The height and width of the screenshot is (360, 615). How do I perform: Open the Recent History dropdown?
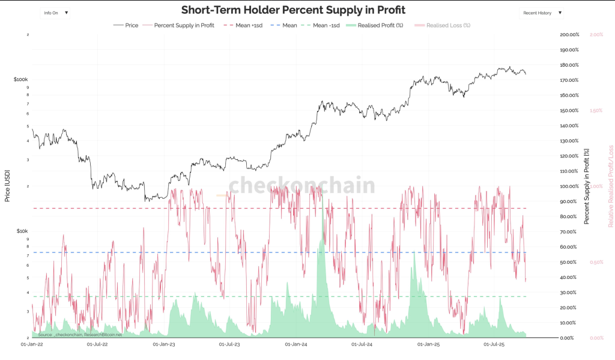542,12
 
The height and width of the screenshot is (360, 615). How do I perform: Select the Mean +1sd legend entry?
244,25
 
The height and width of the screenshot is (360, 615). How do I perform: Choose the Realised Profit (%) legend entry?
380,25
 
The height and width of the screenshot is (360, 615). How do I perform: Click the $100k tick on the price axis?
20,79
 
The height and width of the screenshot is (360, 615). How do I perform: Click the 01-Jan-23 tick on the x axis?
164,344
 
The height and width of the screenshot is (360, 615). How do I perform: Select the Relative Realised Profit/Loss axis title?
611,186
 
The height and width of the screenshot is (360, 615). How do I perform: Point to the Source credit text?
80,334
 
